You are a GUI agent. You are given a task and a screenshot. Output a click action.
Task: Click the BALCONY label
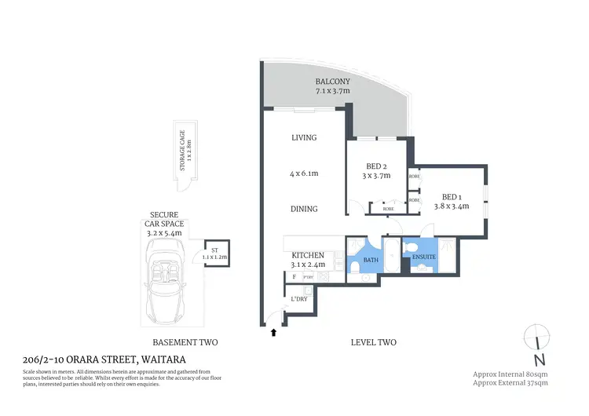click(333, 82)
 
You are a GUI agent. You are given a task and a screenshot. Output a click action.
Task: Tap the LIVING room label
click(304, 138)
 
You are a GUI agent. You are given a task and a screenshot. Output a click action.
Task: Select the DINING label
click(304, 209)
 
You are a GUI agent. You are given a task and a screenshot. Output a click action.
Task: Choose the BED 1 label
click(451, 196)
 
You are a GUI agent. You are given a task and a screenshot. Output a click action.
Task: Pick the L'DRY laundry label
click(298, 299)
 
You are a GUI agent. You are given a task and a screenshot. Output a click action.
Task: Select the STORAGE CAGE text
click(182, 152)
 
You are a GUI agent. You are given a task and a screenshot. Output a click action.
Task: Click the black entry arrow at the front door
click(274, 333)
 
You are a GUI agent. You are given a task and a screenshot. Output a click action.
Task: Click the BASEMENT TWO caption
click(185, 342)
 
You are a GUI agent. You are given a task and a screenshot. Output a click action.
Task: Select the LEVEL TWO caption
click(373, 342)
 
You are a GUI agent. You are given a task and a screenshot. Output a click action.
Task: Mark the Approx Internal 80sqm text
click(510, 374)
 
